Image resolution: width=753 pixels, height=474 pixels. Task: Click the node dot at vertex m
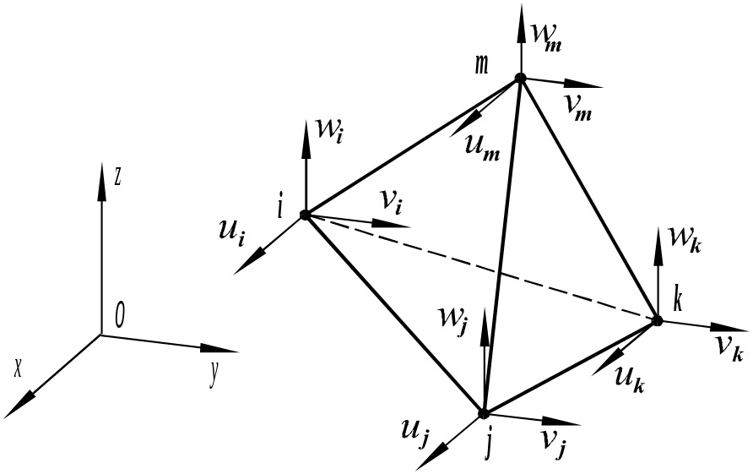pos(521,78)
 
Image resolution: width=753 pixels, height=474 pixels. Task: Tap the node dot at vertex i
pos(306,215)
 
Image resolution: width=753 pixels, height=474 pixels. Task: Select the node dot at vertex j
pos(484,413)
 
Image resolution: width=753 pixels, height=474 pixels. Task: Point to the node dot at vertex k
pos(657,319)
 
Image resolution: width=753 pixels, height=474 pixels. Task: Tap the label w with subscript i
pos(328,133)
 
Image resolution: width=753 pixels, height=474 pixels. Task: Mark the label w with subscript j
pos(453,322)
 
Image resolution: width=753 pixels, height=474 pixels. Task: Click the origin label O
pos(120,316)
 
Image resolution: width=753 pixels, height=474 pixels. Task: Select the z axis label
pos(119,176)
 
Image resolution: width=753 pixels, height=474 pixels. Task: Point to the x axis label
pos(18,366)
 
